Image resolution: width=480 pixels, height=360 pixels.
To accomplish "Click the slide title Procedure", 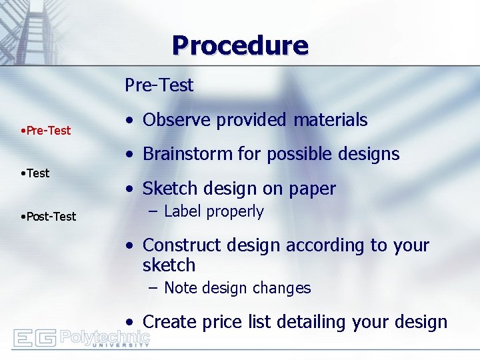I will [x=240, y=46].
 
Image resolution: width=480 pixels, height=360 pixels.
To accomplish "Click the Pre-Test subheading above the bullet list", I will [x=159, y=85].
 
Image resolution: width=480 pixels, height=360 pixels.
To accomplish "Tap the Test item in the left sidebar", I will [x=37, y=173].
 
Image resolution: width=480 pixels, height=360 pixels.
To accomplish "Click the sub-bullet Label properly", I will [x=213, y=212].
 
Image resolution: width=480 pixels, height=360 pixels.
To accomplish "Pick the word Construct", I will [x=178, y=245].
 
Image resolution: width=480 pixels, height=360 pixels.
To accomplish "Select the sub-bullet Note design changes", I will [x=237, y=288].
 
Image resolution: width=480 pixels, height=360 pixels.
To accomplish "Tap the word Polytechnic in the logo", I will [x=105, y=336].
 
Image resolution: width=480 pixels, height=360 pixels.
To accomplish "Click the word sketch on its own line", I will [x=169, y=265].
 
